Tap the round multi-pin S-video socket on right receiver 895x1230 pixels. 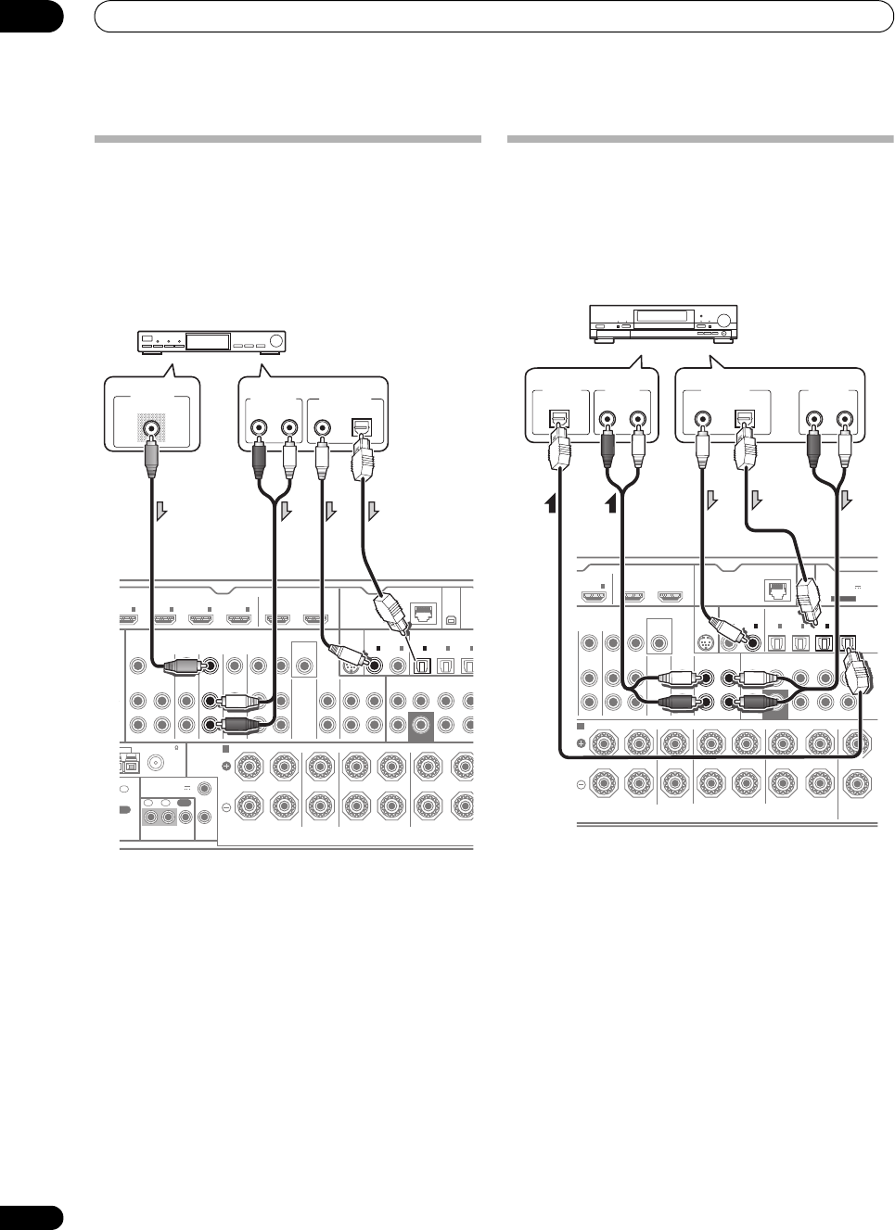(704, 640)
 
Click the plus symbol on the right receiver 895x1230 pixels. (582, 742)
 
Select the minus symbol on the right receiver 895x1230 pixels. (582, 783)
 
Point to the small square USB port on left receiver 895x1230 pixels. (452, 613)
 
